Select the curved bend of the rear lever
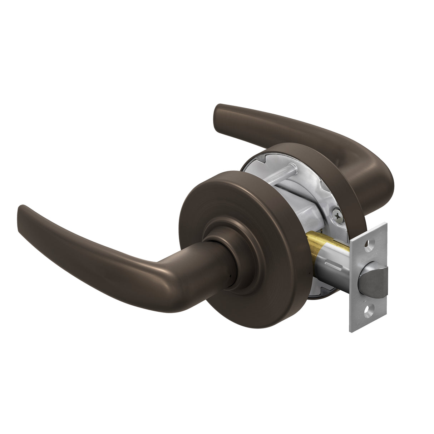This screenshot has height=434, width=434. tap(375, 179)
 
